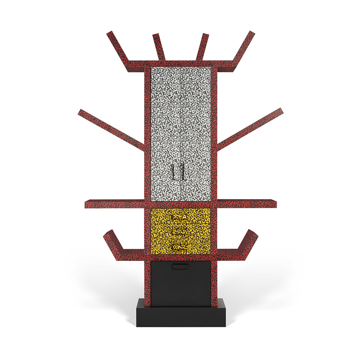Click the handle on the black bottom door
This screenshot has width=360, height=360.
pyautogui.click(x=180, y=266)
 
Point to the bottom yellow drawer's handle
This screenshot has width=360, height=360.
pyautogui.click(x=181, y=247)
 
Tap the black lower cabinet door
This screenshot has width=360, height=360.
pyautogui.click(x=181, y=287)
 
